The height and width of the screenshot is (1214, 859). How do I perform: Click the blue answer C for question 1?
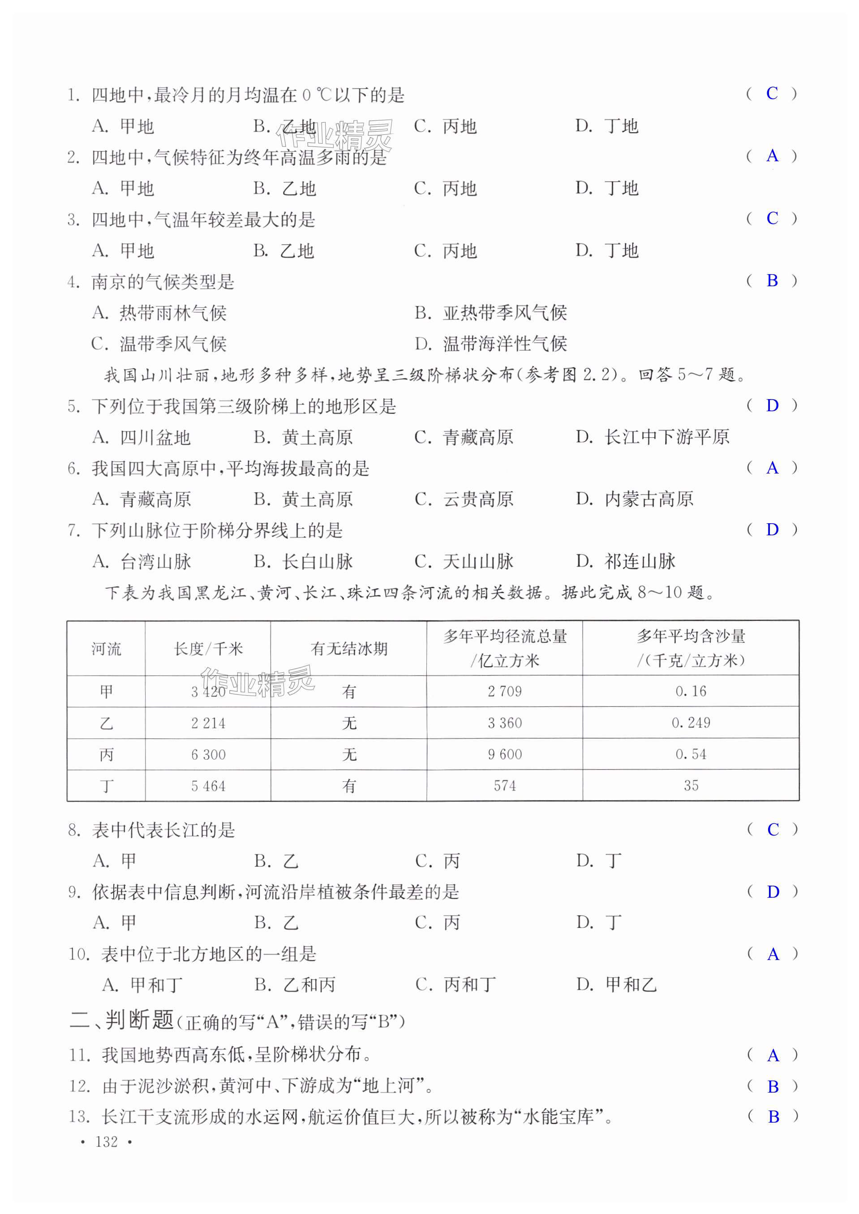772,94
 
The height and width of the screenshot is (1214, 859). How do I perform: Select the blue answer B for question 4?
772,281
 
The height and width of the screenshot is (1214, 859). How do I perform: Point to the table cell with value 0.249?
690,723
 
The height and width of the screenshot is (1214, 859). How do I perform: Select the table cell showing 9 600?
505,754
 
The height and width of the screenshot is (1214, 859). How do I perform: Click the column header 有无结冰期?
348,649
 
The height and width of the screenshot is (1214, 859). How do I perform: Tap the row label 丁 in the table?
106,786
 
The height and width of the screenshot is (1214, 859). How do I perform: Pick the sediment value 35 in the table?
690,786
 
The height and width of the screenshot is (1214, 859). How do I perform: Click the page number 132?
106,1141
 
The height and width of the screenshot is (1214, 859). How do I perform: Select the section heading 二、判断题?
122,1030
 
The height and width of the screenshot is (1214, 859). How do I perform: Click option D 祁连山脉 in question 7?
625,561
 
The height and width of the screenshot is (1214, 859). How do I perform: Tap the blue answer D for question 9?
772,892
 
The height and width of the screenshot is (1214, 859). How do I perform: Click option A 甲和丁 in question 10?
142,985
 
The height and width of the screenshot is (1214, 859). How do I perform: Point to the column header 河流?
106,649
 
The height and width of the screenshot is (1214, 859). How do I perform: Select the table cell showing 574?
505,786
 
